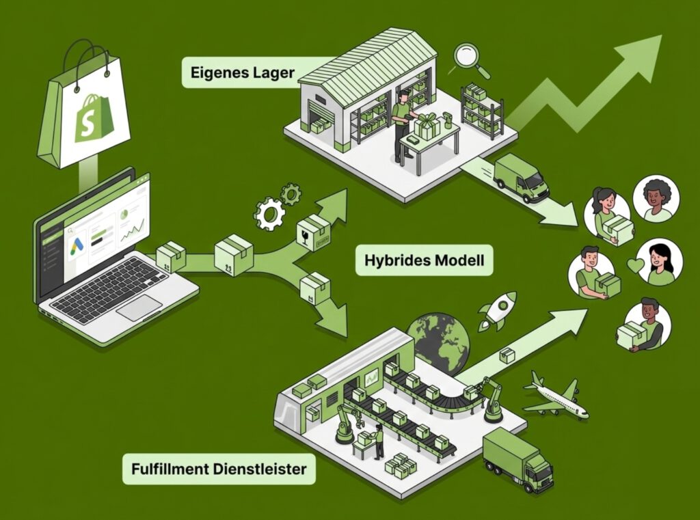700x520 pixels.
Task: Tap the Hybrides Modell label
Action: (424, 260)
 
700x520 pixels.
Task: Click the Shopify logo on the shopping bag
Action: (90, 119)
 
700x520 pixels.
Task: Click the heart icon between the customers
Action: (635, 265)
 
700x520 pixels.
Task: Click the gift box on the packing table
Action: (427, 127)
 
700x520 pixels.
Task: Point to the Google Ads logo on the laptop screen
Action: (77, 237)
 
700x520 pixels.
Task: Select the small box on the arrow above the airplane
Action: (507, 355)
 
